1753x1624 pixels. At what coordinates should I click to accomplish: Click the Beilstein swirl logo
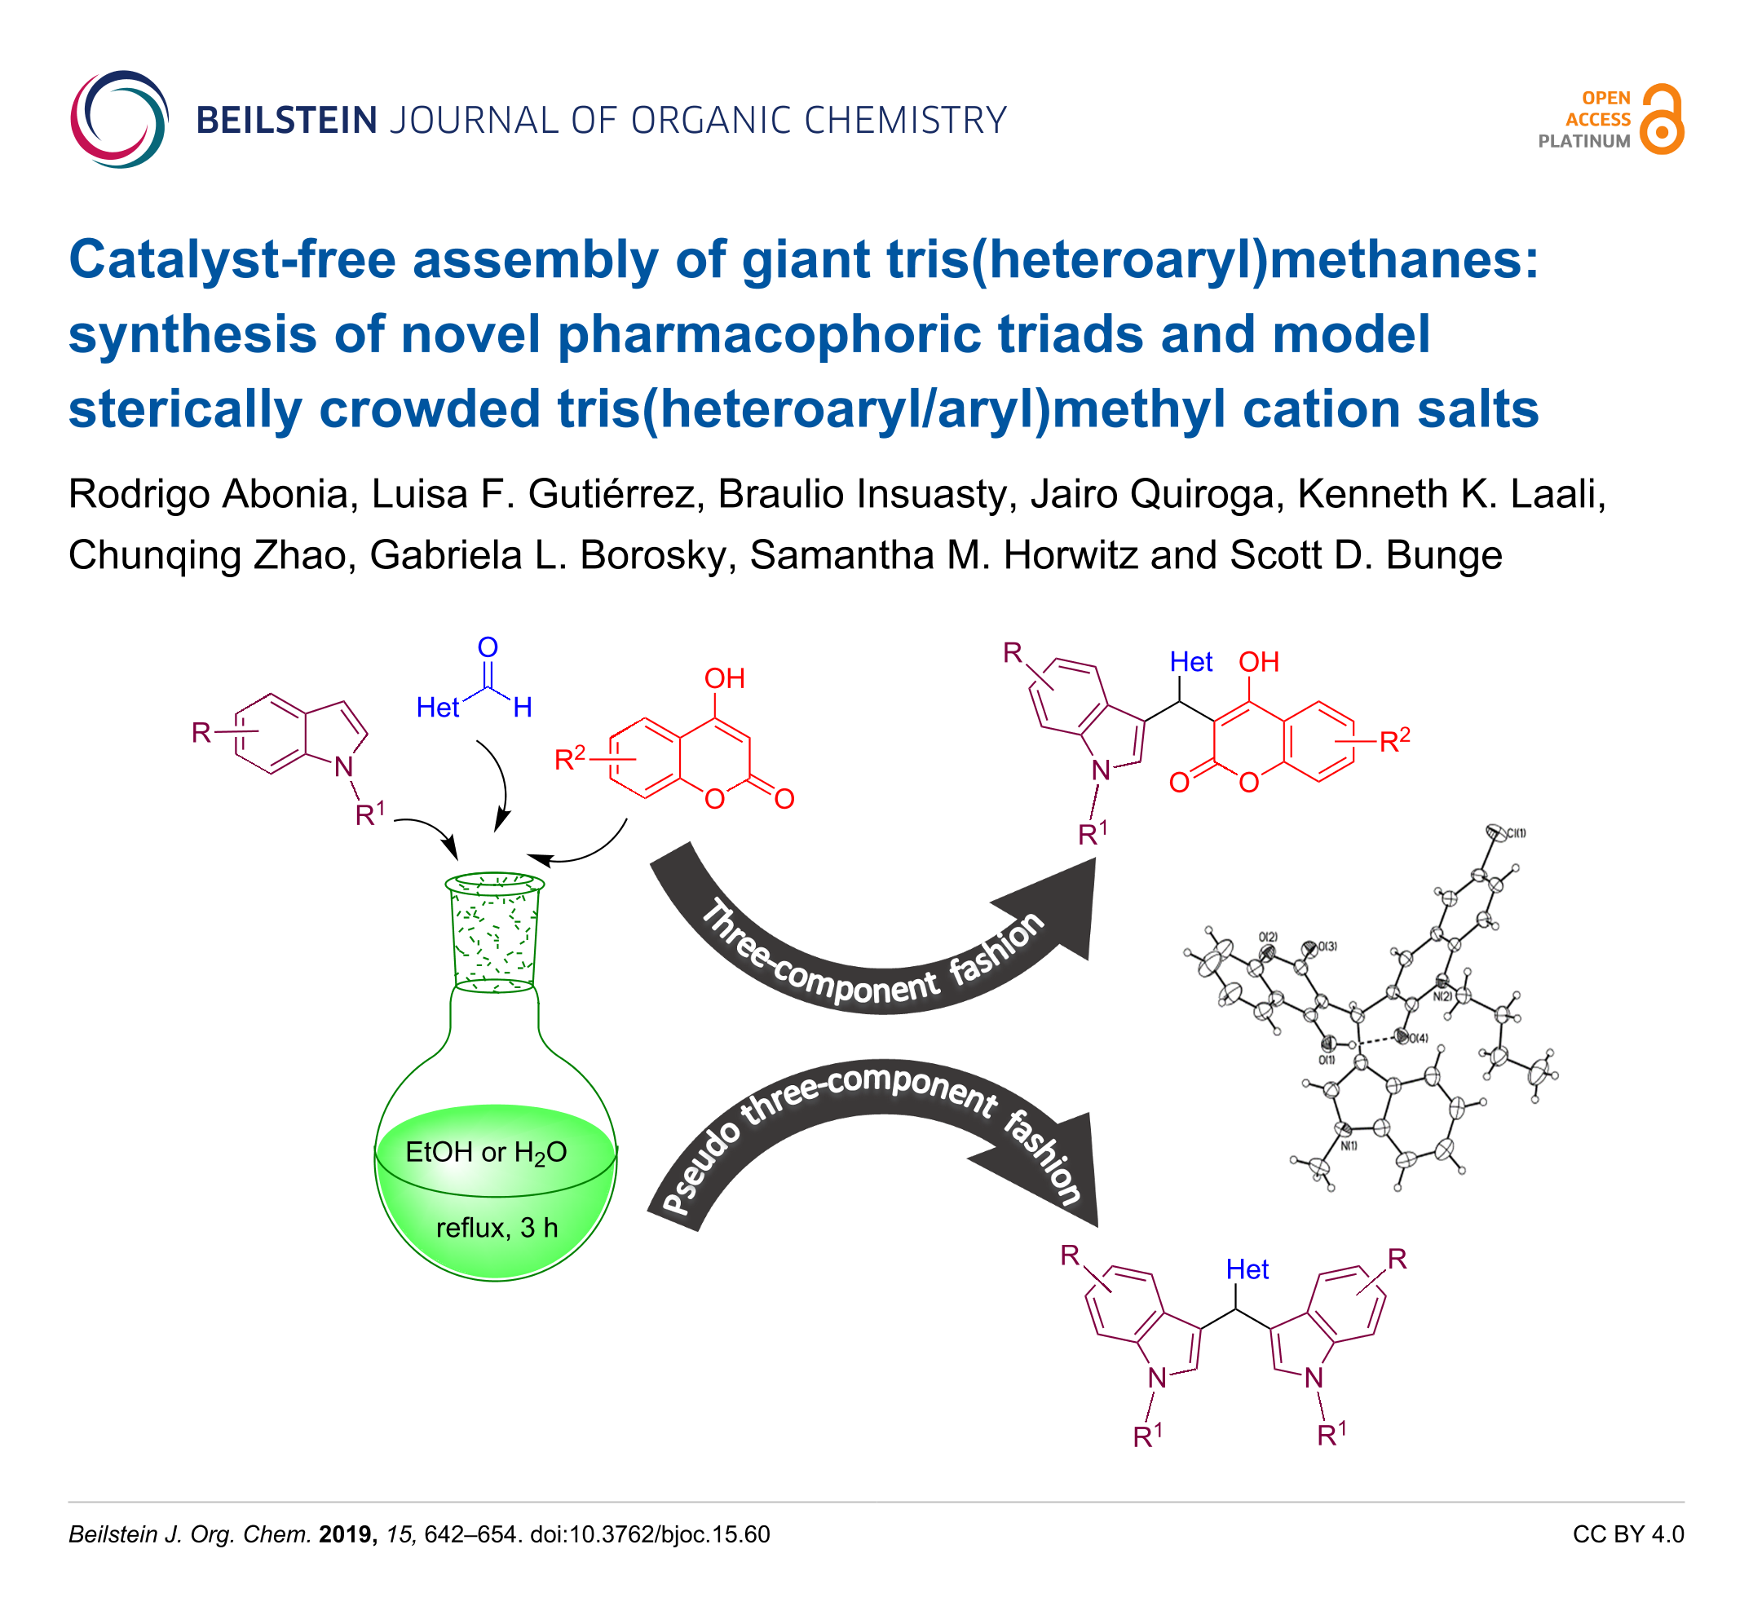[118, 120]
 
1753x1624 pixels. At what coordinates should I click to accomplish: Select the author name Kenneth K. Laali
[1451, 495]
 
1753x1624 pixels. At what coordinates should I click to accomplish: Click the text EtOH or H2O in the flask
[486, 1152]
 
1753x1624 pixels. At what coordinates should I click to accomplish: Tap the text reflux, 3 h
[497, 1228]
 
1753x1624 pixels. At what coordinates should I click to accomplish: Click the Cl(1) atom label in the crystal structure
[1516, 833]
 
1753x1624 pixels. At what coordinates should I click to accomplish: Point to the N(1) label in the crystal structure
[1349, 1146]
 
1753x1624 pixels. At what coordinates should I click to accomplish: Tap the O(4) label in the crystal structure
[1418, 1038]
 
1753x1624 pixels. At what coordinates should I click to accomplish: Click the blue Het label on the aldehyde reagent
[437, 708]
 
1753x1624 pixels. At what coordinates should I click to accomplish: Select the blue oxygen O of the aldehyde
[488, 647]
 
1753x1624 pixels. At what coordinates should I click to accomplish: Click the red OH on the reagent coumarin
[724, 678]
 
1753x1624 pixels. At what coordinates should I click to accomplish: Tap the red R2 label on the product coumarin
[1393, 741]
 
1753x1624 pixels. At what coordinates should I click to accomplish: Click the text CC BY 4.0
[1627, 1534]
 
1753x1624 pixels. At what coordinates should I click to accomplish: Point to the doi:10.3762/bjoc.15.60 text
[649, 1534]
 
